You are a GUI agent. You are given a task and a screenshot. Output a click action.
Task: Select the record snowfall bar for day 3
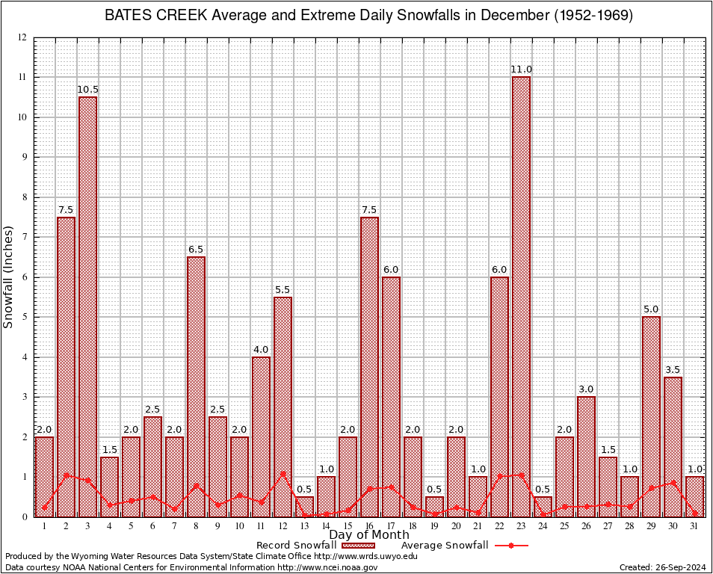coord(87,306)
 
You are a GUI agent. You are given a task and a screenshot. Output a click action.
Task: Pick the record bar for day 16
coord(369,366)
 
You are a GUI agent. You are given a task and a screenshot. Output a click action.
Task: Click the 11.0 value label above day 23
coord(521,70)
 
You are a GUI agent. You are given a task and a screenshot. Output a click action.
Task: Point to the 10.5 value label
coord(87,90)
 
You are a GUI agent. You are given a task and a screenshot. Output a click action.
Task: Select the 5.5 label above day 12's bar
coord(283,289)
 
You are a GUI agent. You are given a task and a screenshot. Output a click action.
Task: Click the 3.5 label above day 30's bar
coord(673,369)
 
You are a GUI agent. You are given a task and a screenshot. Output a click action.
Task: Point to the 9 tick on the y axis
coord(24,157)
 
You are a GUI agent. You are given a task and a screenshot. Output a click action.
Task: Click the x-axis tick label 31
coord(694,526)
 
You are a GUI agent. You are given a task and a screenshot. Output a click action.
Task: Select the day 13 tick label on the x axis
coord(304,526)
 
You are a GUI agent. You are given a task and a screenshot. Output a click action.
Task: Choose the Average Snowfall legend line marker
coord(510,546)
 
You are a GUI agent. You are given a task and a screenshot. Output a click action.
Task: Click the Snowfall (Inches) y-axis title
coord(9,277)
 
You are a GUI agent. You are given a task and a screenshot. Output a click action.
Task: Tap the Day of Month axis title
coord(369,535)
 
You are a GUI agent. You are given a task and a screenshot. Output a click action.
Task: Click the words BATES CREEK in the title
coord(145,16)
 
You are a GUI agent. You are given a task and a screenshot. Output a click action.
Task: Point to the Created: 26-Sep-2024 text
coord(662,567)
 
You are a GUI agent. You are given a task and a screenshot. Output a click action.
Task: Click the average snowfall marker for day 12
coord(283,474)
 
